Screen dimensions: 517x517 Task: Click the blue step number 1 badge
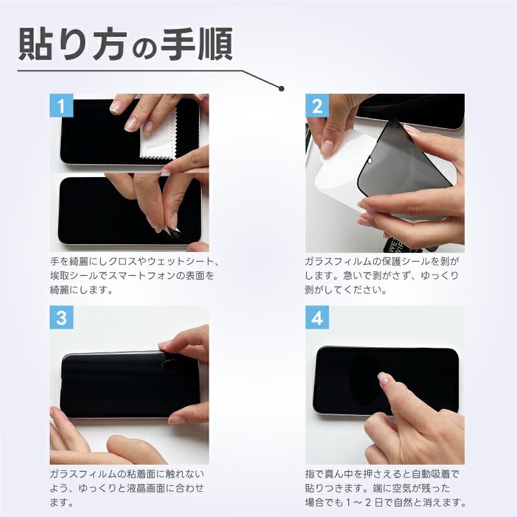[62, 107]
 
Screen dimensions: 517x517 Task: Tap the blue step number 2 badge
[317, 107]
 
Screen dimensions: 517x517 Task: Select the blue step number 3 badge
[62, 318]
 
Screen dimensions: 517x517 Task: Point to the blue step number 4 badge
[317, 318]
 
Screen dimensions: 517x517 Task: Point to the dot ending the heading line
[281, 88]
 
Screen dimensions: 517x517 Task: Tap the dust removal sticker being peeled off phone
[173, 226]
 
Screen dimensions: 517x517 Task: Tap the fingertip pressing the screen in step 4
[383, 377]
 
